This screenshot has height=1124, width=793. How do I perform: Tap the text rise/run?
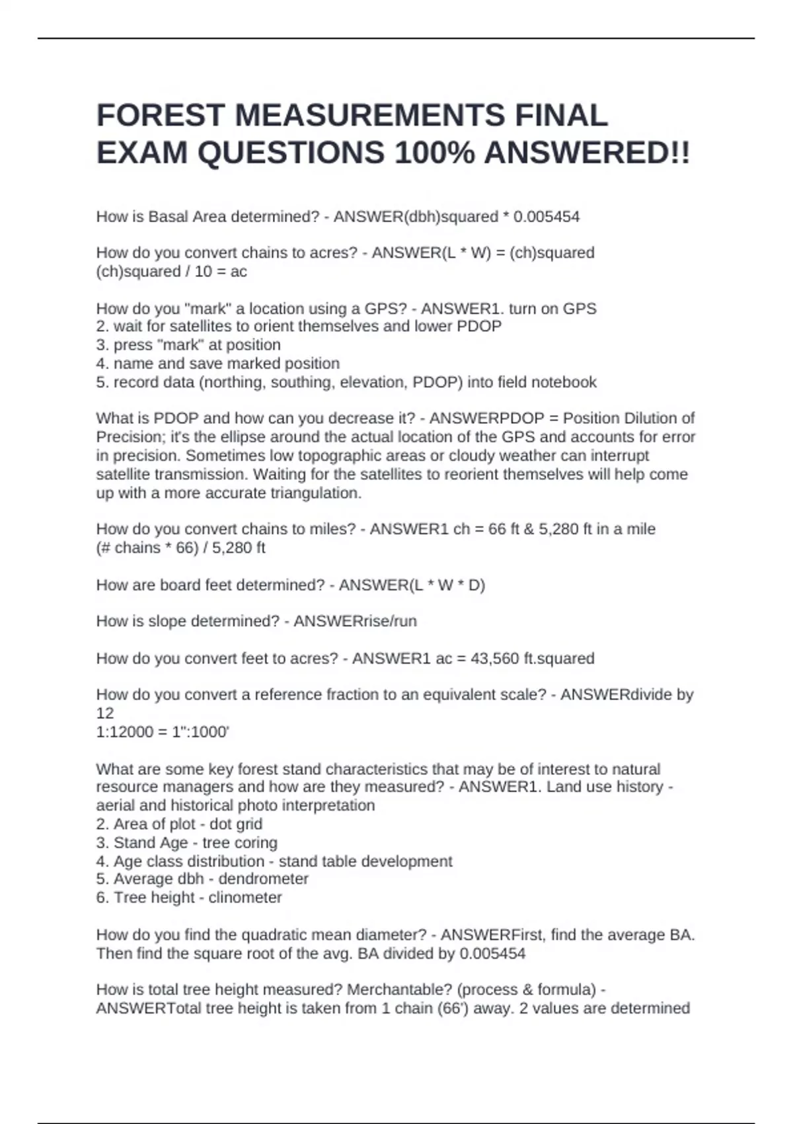[x=386, y=622]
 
